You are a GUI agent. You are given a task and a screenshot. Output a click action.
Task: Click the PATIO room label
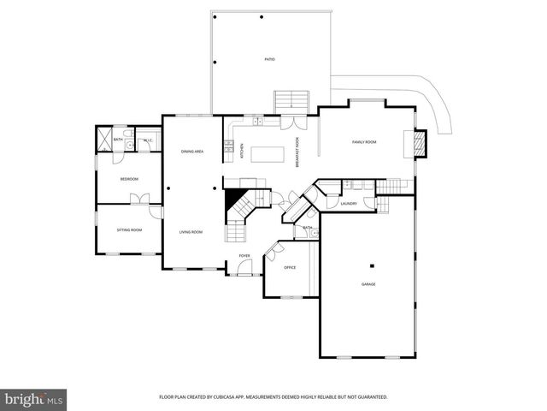click(x=269, y=59)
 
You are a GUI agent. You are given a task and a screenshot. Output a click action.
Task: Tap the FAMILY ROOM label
click(x=365, y=142)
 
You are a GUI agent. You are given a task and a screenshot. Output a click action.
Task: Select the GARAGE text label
click(x=368, y=284)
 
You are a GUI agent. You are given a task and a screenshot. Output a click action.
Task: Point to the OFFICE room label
click(x=290, y=268)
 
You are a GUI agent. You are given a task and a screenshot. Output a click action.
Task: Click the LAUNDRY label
click(x=348, y=203)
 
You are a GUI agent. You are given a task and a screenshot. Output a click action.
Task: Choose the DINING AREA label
click(x=191, y=152)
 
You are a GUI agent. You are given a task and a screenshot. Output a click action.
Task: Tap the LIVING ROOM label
click(x=191, y=232)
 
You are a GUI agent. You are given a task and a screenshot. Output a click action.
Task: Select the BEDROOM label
click(x=129, y=179)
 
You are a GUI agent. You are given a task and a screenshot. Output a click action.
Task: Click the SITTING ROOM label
click(x=129, y=229)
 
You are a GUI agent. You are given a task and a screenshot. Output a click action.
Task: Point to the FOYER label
click(x=244, y=255)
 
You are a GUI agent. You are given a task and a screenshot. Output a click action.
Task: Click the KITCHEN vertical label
click(x=242, y=151)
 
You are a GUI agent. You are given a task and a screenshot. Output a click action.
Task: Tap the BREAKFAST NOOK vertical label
click(x=297, y=152)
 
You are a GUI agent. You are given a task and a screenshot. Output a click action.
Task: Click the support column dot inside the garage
click(x=373, y=265)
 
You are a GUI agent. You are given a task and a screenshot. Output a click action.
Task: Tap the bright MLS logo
click(x=34, y=399)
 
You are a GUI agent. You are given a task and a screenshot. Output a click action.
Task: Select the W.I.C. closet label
click(x=147, y=140)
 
